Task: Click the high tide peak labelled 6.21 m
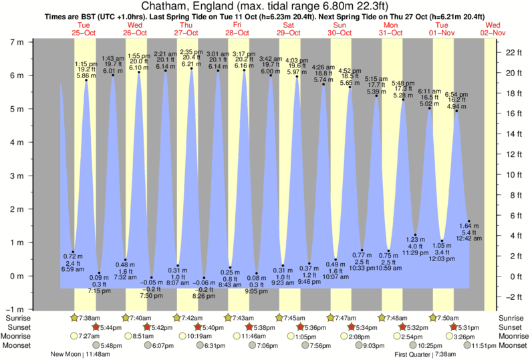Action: pos(191,68)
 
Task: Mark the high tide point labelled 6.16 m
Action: pos(244,70)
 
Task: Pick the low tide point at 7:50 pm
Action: pos(152,278)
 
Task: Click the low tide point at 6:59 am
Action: pos(73,252)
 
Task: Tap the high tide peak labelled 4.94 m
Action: pos(456,111)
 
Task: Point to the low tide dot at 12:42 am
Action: pos(469,221)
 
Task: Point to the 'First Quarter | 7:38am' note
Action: pos(426,355)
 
